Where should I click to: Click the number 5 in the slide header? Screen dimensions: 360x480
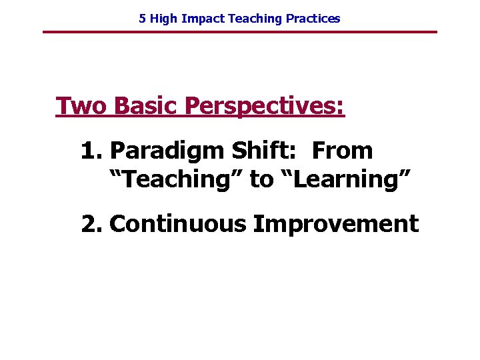(142, 19)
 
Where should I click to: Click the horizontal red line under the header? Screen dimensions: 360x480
(240, 32)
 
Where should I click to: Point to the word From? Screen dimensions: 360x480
(342, 151)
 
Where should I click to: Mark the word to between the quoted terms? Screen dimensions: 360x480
(261, 180)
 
